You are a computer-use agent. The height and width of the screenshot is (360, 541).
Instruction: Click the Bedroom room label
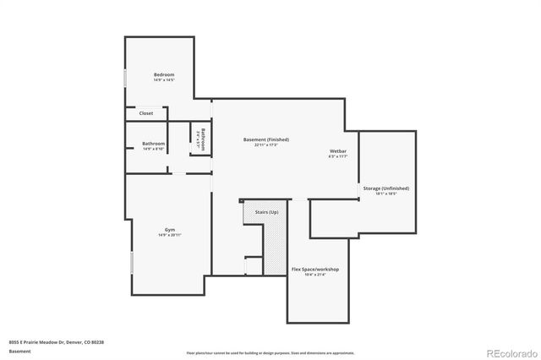164,75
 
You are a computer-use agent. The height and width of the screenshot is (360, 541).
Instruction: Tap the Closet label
146,112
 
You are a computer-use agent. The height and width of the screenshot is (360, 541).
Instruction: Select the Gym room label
169,229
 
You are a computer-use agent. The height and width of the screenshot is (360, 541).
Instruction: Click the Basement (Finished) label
266,139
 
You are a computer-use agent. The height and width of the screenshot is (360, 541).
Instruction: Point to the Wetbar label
338,152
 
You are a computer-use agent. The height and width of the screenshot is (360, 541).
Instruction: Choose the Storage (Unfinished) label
385,188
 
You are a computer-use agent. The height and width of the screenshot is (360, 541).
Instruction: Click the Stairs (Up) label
266,211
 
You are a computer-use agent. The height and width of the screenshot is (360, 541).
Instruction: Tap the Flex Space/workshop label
315,269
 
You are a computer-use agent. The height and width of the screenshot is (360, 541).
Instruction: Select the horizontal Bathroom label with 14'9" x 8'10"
153,143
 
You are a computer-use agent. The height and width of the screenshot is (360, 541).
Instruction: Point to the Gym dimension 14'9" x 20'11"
169,235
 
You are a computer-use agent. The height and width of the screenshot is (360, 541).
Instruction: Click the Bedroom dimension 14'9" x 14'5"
164,80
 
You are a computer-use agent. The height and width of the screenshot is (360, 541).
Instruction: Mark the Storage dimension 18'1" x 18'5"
385,194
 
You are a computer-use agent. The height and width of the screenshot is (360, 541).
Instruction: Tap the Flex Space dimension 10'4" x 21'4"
315,275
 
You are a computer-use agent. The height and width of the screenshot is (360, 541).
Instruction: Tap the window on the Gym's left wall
131,262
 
